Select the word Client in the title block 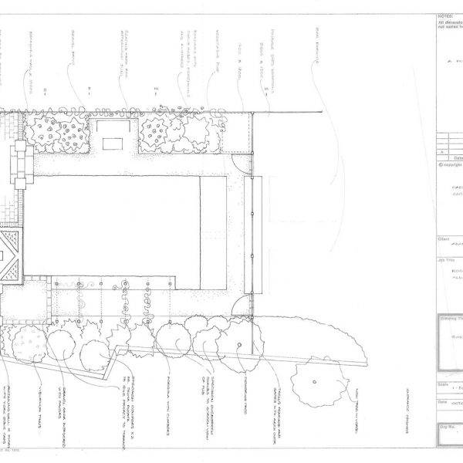pos(444,238)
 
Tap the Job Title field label pos(446,263)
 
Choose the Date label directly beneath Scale pos(442,401)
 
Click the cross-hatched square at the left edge pos(10,255)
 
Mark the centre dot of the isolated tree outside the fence pos(315,382)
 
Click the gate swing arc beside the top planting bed pos(242,161)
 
